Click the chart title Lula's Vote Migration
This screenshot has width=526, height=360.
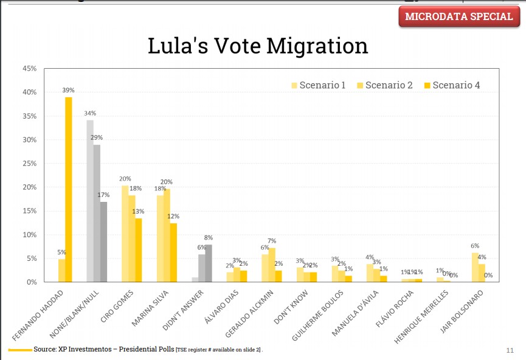coord(258,46)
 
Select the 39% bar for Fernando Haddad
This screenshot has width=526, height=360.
coord(69,189)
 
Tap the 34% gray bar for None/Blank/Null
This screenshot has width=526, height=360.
coord(90,201)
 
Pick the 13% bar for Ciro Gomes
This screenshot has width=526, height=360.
coord(139,250)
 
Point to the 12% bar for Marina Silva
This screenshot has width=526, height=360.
coord(173,252)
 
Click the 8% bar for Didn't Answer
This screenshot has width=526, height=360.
coord(209,263)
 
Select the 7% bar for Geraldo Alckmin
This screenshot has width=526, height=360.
coord(272,265)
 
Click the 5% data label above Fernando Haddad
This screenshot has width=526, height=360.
coord(61,252)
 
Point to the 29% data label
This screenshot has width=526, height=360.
coord(97,138)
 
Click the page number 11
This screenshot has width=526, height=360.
coord(510,350)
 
